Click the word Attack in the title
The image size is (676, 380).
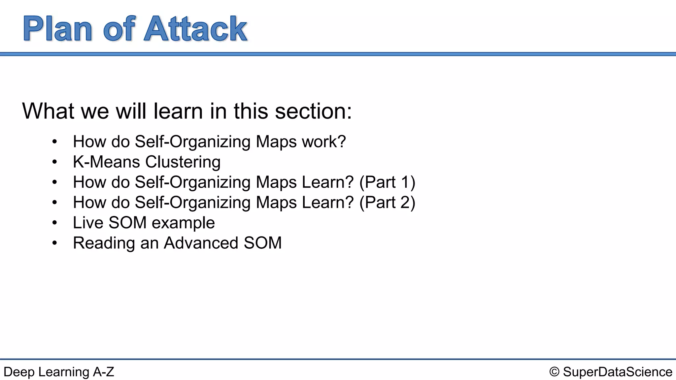pos(195,29)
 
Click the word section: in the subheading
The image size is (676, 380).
pos(313,111)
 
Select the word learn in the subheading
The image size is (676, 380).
pos(178,111)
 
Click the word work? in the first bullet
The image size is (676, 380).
pos(324,142)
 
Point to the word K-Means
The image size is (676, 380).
pos(106,162)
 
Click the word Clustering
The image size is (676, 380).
pos(183,162)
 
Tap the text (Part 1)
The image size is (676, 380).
pos(387,182)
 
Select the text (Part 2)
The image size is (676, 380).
pos(387,203)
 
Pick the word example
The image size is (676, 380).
pos(183,223)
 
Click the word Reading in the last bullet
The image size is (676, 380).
pos(104,243)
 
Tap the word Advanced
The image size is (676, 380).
pos(201,243)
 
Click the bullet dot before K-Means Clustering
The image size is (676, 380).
pos(55,162)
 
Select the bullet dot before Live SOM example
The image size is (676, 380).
pos(55,223)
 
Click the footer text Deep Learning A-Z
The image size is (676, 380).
pos(59,372)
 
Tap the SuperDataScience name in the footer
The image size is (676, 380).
pos(617,372)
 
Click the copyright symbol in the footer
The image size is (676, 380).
pos(554,372)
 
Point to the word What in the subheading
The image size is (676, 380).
pos(48,111)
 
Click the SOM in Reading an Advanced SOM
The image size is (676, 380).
pos(262,243)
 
